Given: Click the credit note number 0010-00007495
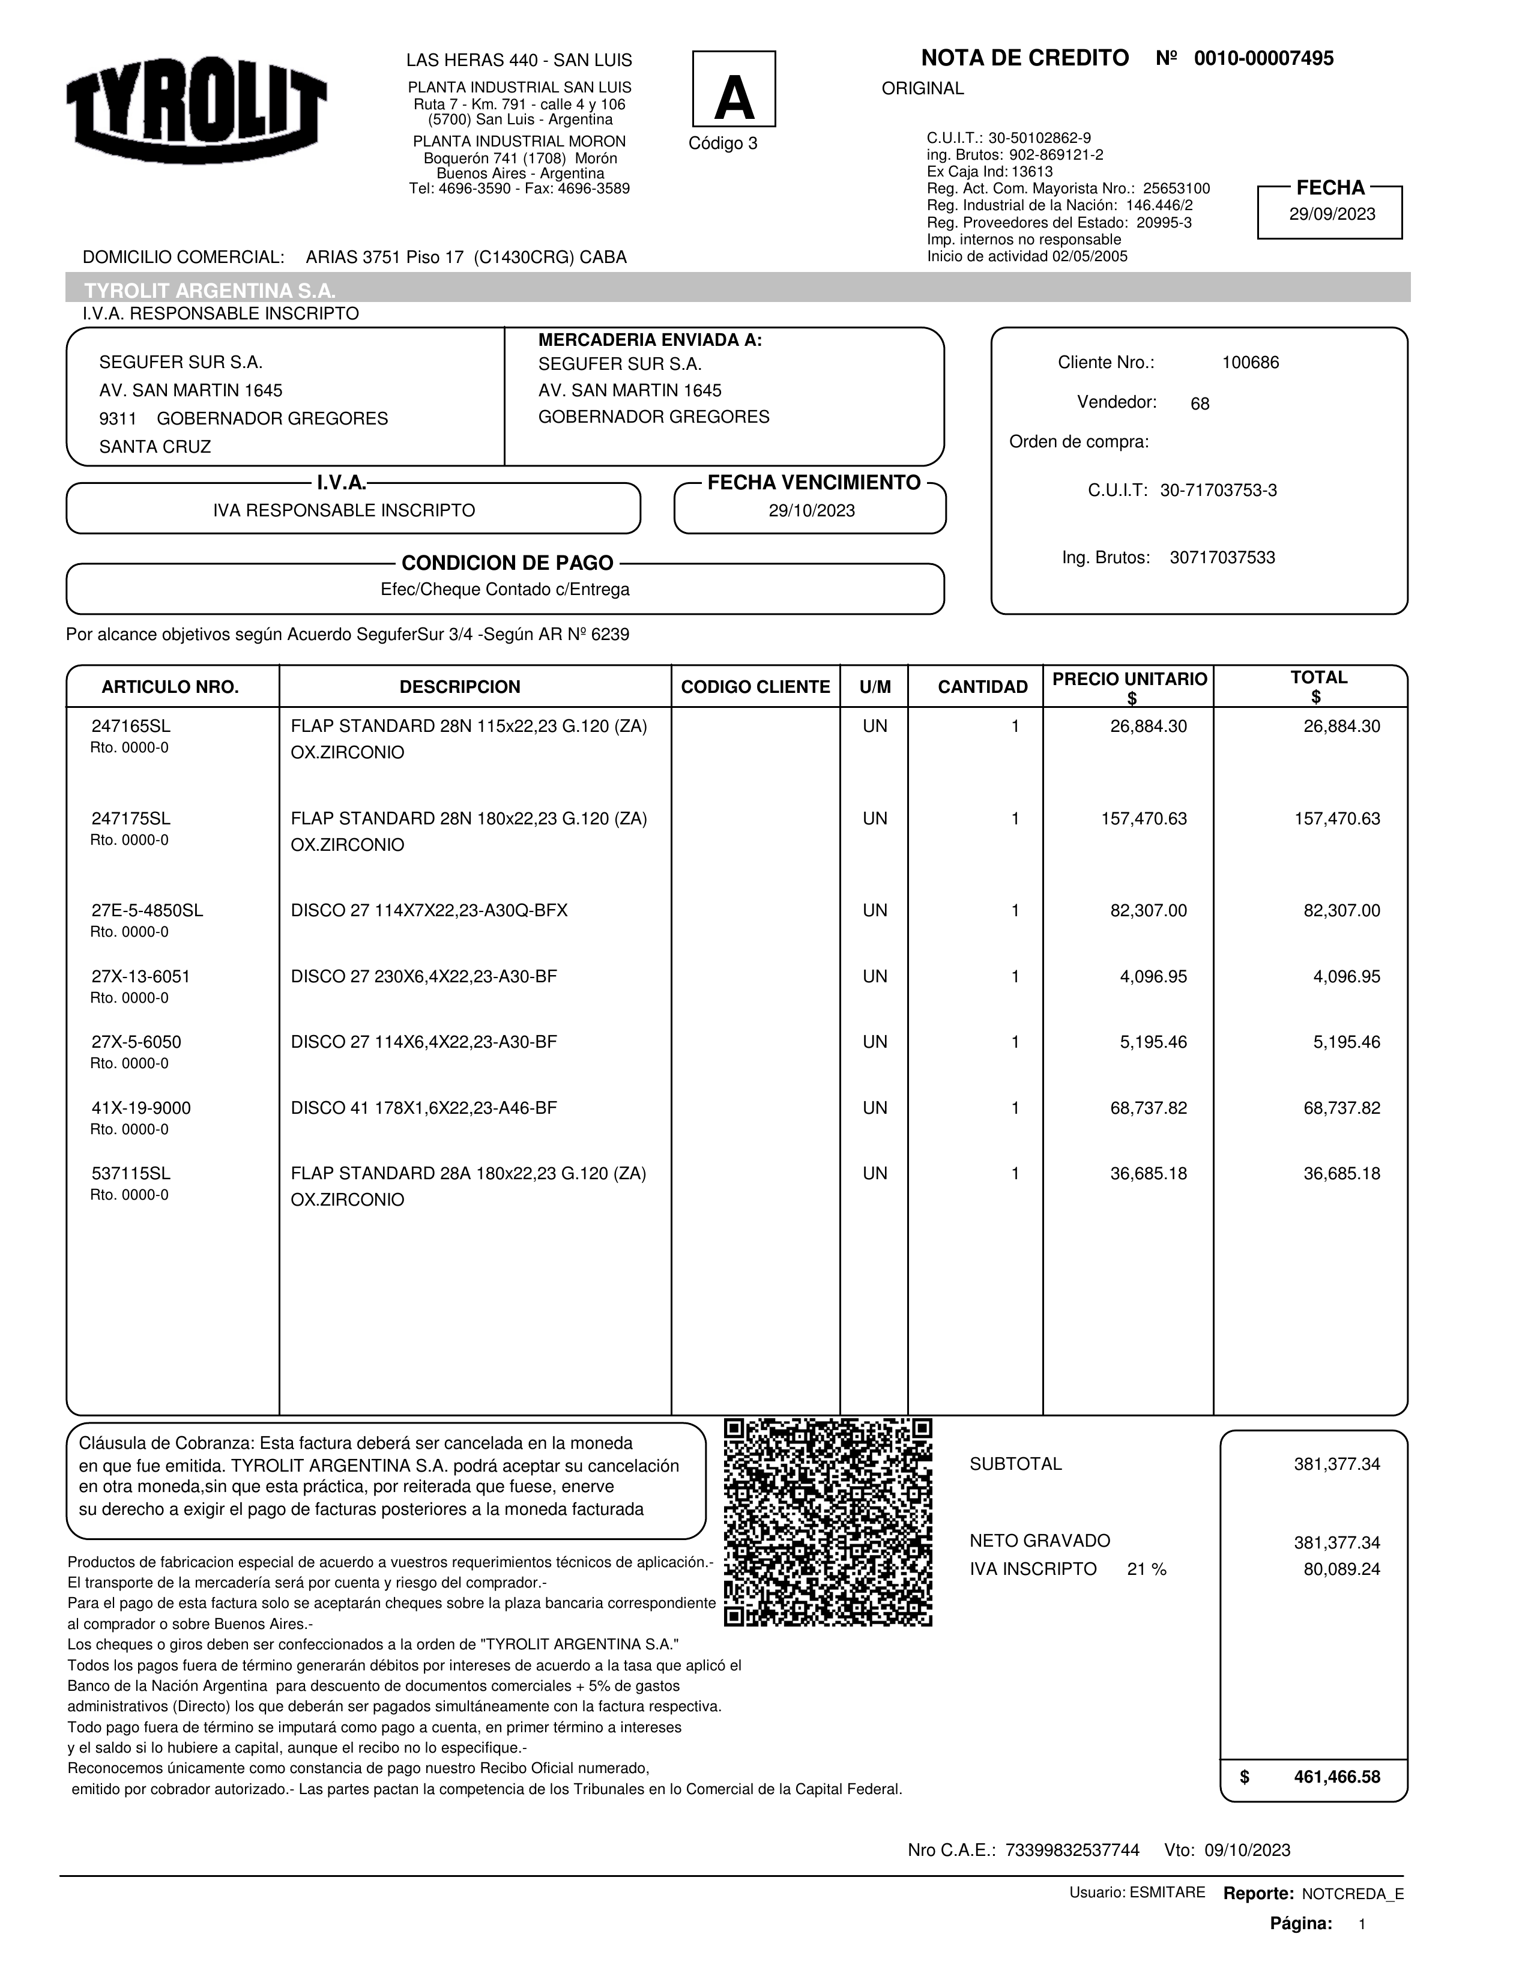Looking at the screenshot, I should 1263,59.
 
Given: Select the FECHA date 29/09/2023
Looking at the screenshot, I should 1331,215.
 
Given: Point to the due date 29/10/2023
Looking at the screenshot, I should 811,511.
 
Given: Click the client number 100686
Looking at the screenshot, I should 1249,363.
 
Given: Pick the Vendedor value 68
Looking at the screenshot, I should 1199,405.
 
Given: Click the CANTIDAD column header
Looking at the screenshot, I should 982,687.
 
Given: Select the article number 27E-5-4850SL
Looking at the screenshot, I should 147,911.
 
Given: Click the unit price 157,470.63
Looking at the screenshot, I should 1144,818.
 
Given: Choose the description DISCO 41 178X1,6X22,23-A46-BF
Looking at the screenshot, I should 424,1108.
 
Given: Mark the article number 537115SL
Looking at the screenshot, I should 131,1173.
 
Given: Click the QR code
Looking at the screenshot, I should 828,1522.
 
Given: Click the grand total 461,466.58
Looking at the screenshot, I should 1336,1777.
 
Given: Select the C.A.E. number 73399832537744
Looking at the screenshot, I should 1072,1851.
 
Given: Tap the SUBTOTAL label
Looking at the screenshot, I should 1015,1464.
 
